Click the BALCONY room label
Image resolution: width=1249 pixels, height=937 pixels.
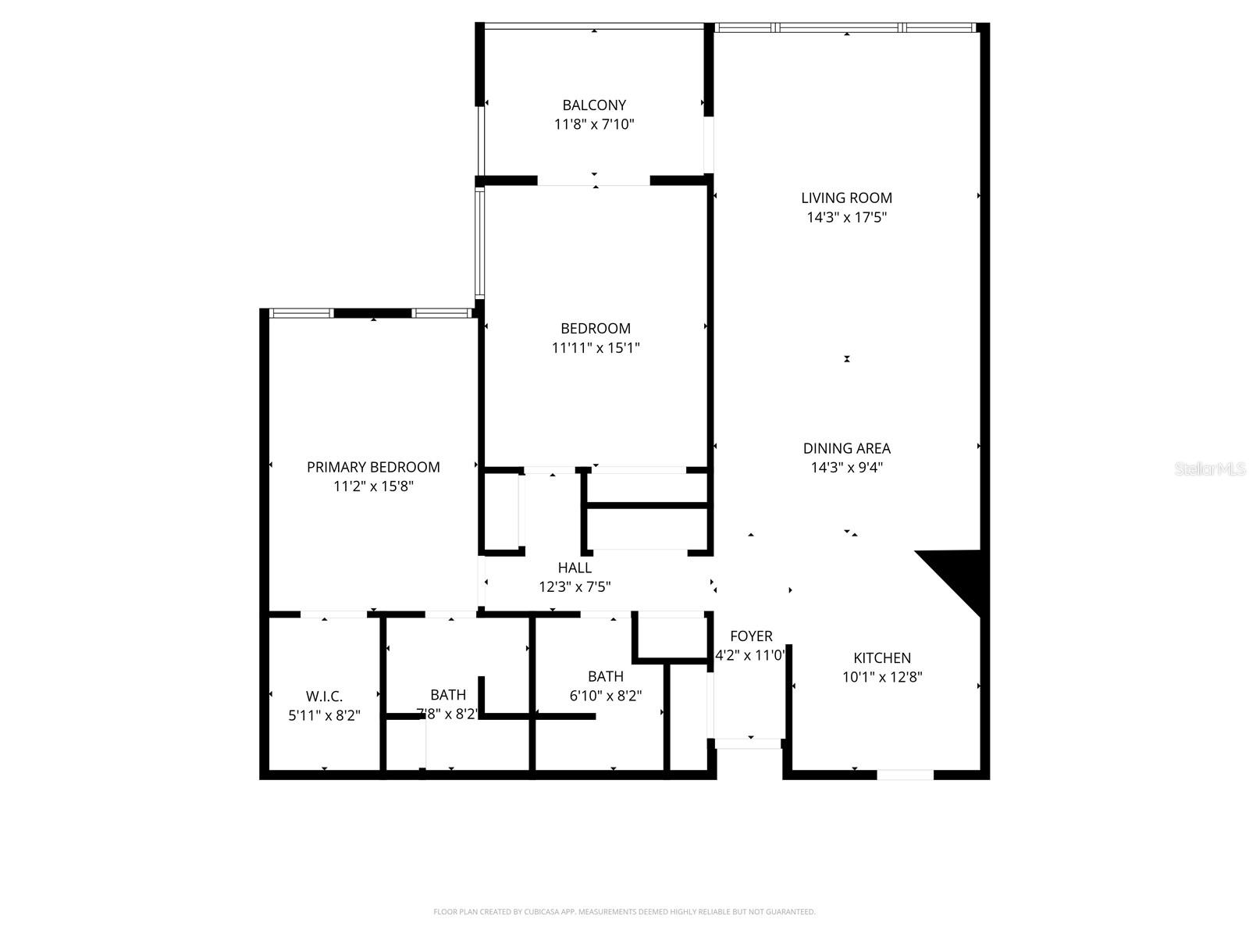[x=594, y=105]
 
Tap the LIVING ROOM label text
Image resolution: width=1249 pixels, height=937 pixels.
[x=846, y=198]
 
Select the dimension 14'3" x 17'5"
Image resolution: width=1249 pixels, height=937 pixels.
[x=846, y=217]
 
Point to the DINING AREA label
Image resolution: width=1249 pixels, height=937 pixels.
[x=846, y=448]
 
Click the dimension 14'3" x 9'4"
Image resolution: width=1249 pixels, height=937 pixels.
[x=846, y=468]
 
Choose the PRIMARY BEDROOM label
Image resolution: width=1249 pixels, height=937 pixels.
[x=373, y=467]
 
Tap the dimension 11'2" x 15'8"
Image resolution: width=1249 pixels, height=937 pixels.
[x=373, y=486]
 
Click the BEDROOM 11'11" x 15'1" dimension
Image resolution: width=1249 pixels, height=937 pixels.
[x=596, y=347]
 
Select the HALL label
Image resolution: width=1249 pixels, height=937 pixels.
[x=575, y=568]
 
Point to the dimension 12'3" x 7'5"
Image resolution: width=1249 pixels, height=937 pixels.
[x=575, y=587]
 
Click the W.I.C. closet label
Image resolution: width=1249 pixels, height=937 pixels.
[x=324, y=696]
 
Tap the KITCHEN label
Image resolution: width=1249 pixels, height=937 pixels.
[x=882, y=658]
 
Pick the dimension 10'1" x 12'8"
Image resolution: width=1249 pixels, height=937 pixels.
[x=882, y=678]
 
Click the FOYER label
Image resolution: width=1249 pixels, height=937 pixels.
[x=751, y=636]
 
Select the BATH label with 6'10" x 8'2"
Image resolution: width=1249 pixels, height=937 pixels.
[x=606, y=676]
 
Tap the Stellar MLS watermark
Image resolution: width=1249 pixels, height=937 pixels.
[x=1211, y=469]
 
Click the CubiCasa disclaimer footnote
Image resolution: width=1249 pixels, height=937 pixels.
[x=624, y=911]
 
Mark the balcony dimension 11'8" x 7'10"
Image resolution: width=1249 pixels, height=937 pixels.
[x=594, y=124]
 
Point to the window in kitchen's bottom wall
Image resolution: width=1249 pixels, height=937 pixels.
[x=906, y=775]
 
